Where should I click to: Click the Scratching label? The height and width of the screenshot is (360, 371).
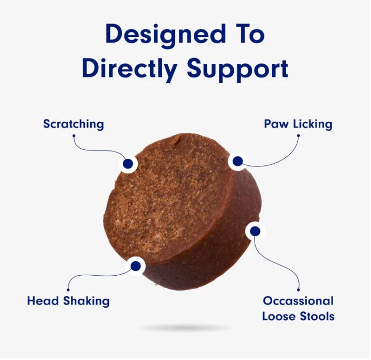pyautogui.click(x=74, y=125)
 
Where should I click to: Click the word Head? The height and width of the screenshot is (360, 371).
pyautogui.click(x=43, y=301)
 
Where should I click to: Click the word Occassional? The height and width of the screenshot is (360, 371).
pyautogui.click(x=298, y=301)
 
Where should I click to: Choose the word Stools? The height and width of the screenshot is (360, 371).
pyautogui.click(x=316, y=316)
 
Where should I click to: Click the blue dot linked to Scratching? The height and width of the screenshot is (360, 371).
pyautogui.click(x=128, y=164)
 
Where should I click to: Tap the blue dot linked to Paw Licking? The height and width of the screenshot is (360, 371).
pyautogui.click(x=238, y=161)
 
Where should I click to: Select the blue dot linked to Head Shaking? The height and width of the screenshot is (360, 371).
pyautogui.click(x=136, y=265)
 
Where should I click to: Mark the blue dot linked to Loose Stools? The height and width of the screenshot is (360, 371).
pyautogui.click(x=255, y=231)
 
